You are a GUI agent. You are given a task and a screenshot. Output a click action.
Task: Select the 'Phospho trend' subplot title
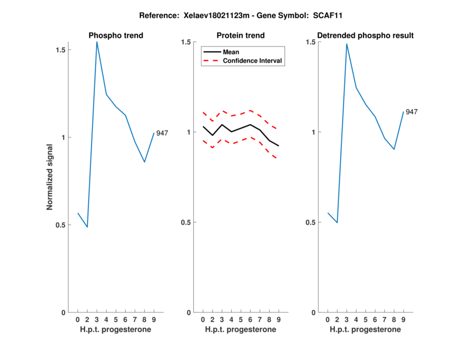coord(116,36)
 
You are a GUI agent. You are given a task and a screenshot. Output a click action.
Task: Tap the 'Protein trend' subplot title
coord(241,36)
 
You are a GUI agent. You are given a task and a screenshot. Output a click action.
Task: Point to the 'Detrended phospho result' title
coord(365,36)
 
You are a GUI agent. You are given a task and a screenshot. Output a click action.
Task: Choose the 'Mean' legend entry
coord(231,52)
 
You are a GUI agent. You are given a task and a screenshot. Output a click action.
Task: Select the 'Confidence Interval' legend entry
coord(253,61)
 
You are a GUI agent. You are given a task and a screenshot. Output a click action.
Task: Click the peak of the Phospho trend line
coord(97,41)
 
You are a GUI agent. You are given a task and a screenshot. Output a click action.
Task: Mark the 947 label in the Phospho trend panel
coord(162,133)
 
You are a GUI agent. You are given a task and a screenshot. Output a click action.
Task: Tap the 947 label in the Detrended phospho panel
coord(412,112)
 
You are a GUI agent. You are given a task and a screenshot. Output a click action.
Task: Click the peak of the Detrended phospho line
coord(347,44)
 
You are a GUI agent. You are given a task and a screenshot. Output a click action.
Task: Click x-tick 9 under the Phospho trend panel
coord(154,319)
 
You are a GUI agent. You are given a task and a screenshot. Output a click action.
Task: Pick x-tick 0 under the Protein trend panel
coord(203,319)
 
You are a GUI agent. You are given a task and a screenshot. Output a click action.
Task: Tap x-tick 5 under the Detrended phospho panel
coord(365,319)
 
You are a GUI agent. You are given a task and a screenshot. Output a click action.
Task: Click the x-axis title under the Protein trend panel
coord(241,330)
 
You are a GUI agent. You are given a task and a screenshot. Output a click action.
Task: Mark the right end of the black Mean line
coord(279,146)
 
